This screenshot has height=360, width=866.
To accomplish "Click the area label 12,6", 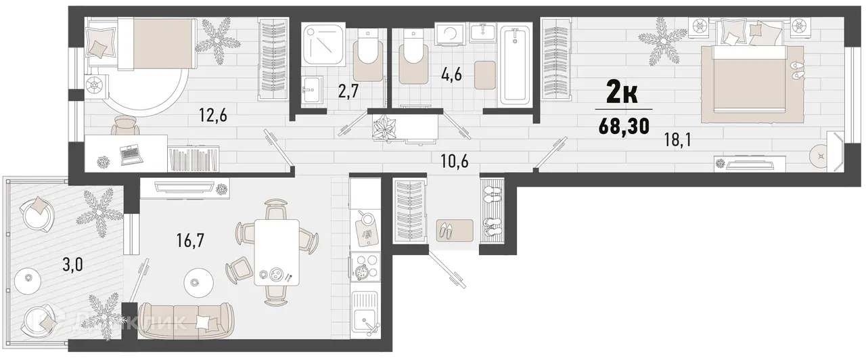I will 212,116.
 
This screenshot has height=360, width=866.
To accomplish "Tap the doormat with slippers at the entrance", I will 449,231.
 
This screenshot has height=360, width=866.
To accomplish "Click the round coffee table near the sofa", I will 196,282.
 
